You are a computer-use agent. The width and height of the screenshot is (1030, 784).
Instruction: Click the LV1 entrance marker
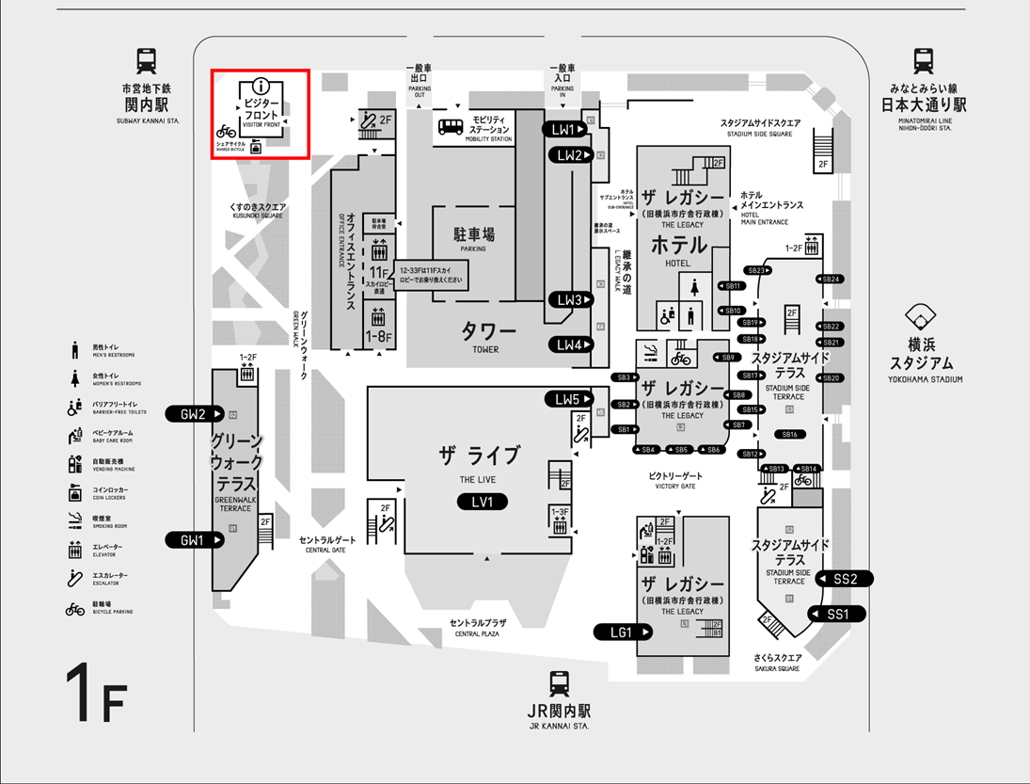483,502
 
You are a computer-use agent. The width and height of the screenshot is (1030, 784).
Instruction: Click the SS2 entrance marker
846,579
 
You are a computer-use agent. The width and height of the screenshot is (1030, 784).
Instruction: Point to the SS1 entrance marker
838,615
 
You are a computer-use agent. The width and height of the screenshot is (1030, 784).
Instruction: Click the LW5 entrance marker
570,399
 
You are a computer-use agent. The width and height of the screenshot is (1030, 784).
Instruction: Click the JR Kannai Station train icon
560,683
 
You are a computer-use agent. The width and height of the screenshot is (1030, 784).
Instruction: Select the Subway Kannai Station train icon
147,62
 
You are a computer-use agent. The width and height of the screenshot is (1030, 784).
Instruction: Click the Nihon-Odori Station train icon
923,62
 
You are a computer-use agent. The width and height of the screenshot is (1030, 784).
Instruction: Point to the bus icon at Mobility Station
450,126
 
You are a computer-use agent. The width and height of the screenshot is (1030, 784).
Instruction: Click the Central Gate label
328,544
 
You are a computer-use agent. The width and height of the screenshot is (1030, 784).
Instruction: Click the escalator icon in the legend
74,577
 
